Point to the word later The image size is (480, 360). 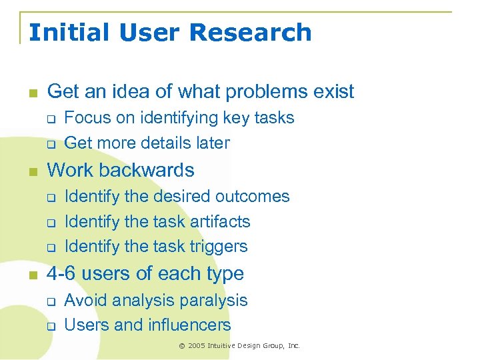[x=209, y=143]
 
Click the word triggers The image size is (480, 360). [x=219, y=247]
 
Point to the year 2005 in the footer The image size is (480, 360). [x=197, y=346]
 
